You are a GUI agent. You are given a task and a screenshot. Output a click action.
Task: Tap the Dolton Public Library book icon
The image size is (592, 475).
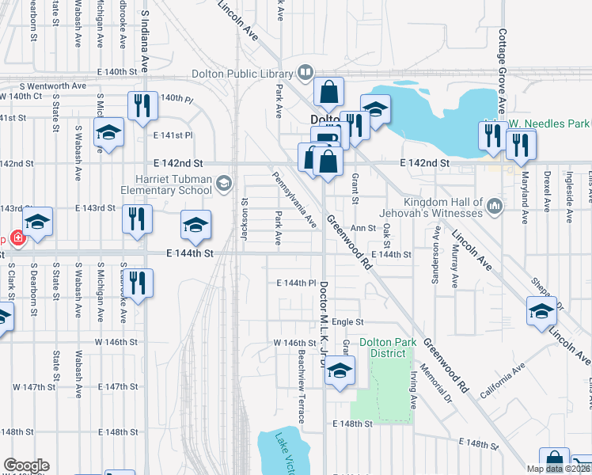click(x=305, y=74)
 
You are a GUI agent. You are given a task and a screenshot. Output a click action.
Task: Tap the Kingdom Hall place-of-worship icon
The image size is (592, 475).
click(x=495, y=207)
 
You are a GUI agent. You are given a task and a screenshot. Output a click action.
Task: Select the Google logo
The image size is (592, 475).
click(x=26, y=465)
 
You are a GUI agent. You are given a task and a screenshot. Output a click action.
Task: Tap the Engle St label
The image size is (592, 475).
click(x=347, y=322)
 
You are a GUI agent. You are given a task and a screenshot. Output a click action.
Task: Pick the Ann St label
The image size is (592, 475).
click(x=362, y=228)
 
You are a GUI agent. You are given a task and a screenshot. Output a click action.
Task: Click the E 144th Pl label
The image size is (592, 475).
click(x=297, y=283)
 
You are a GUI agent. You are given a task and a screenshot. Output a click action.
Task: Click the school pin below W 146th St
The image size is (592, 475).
click(x=340, y=370)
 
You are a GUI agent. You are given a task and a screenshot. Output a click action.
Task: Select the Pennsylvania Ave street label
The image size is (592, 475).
click(x=294, y=200)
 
